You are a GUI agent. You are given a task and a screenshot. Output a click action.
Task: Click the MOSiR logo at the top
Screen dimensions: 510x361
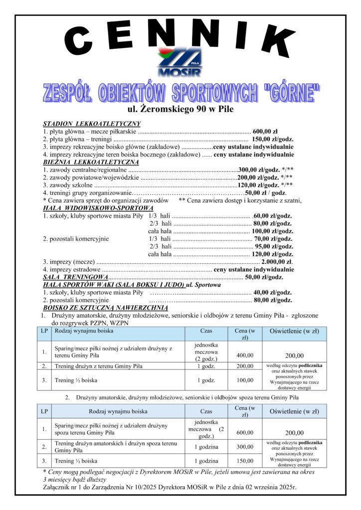click(180, 63)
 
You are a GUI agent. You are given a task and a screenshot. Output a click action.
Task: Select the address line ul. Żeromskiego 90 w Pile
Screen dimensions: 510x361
click(180, 108)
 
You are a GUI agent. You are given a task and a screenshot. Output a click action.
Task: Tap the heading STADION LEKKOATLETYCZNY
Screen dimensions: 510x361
click(92, 124)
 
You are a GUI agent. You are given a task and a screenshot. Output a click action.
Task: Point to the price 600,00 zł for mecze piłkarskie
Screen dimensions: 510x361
click(268, 131)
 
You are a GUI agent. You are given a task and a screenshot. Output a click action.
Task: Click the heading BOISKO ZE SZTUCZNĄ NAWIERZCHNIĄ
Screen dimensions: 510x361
click(95, 308)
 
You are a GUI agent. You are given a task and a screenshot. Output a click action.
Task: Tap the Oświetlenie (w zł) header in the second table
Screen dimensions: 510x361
click(294, 411)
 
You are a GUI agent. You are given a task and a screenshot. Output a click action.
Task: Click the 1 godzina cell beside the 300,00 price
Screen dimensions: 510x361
click(206, 446)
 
